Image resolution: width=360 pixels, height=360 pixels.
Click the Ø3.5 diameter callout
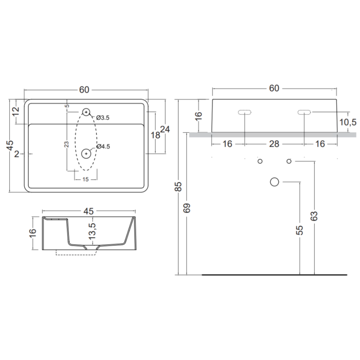(103, 118)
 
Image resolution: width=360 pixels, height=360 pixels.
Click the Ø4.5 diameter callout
(103, 146)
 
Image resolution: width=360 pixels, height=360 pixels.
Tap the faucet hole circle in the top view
(86, 112)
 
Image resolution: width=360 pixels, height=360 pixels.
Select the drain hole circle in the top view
(86, 154)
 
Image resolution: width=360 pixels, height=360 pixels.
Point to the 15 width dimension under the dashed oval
(85, 179)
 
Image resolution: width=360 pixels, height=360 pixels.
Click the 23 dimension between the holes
(66, 144)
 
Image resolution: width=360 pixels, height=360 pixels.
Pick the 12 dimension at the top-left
(16, 112)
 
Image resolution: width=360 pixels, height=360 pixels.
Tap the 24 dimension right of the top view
(165, 129)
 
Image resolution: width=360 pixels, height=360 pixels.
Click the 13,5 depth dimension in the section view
(92, 231)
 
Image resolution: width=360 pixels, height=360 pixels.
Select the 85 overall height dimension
(178, 186)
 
